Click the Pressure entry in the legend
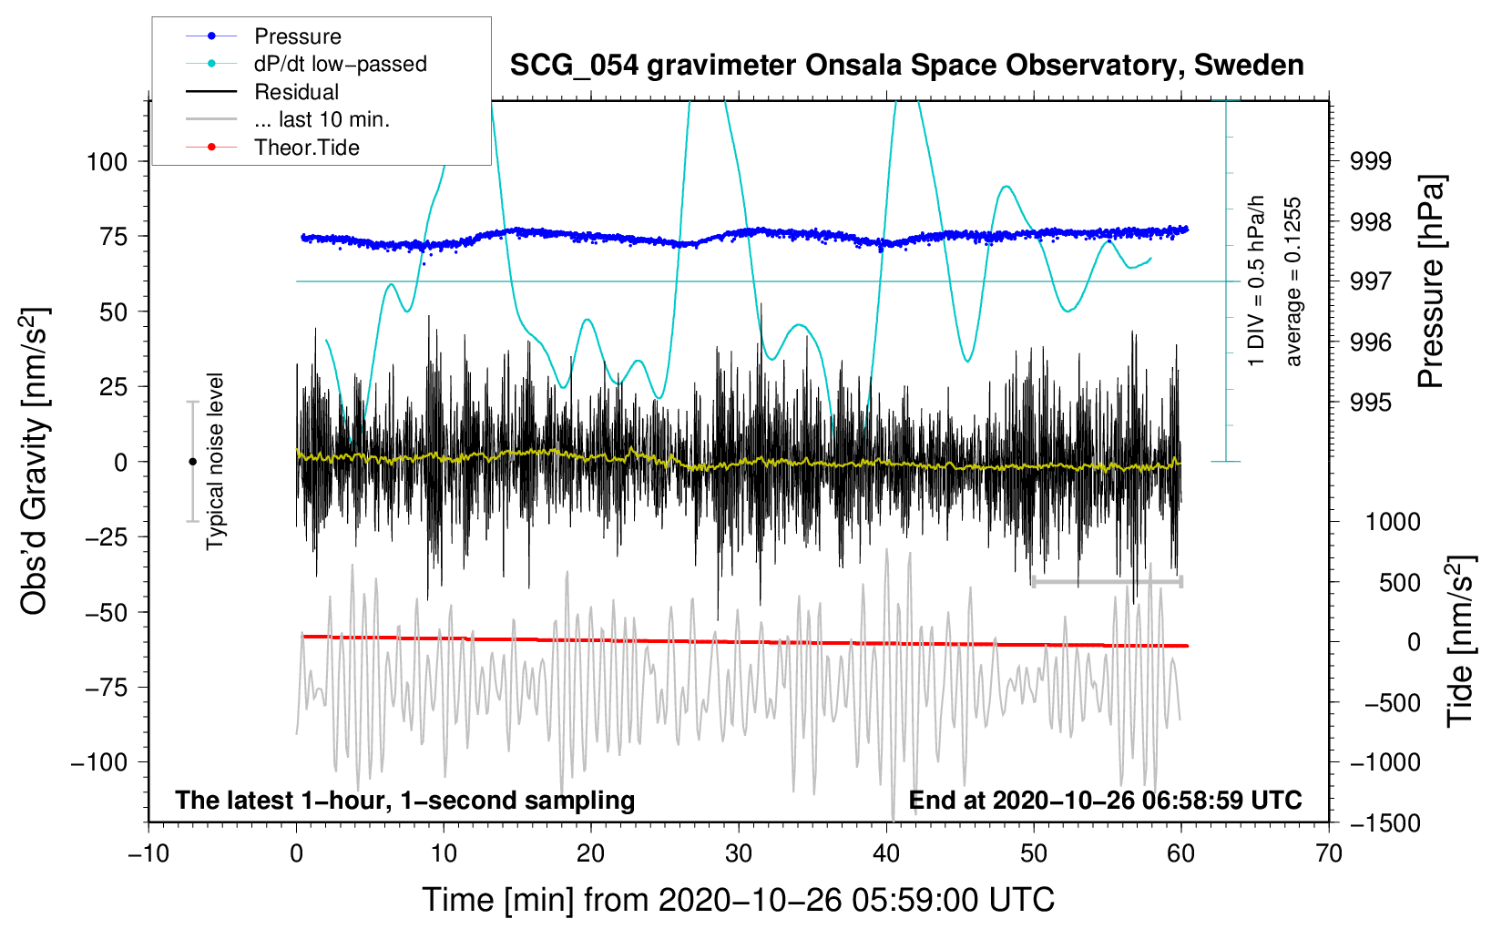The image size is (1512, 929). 297,36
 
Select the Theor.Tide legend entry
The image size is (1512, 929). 306,148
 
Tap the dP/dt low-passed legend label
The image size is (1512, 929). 340,64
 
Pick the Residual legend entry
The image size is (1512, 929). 296,92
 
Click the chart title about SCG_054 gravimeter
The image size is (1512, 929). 906,66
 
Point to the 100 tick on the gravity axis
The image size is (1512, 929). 107,162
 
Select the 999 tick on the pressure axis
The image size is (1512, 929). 1372,161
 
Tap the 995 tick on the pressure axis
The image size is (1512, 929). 1372,403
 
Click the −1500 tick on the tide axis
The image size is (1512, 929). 1385,822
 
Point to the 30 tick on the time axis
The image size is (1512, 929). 739,853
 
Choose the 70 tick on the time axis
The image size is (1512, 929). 1329,853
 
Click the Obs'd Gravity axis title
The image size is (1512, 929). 35,462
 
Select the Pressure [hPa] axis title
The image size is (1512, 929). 1432,282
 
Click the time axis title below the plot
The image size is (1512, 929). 738,900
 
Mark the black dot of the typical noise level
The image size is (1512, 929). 192,462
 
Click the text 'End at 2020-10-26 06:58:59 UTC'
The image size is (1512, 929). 1105,801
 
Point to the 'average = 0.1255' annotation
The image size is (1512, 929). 1293,282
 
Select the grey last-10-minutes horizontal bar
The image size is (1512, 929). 1107,581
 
